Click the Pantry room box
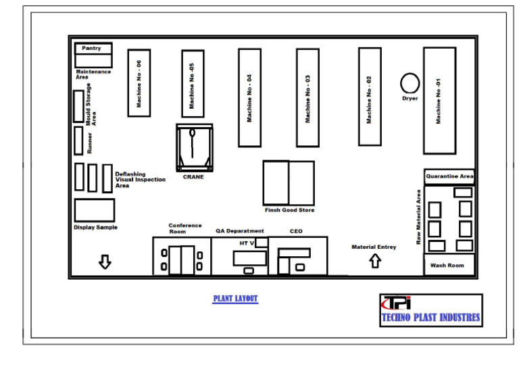click(x=93, y=49)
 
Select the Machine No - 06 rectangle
click(x=139, y=82)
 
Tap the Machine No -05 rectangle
click(x=193, y=83)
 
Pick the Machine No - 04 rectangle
click(x=249, y=97)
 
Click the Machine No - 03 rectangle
click(x=307, y=97)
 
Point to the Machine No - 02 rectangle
click(x=369, y=96)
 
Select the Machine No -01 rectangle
click(x=439, y=100)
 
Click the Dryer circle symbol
click(x=410, y=83)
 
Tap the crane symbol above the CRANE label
click(x=194, y=147)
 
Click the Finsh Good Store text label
click(x=289, y=210)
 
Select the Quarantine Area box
click(x=449, y=176)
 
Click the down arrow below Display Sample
click(x=105, y=262)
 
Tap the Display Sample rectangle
click(x=94, y=210)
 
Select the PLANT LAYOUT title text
click(x=235, y=299)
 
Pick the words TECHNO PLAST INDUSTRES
click(x=431, y=317)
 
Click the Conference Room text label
click(x=185, y=228)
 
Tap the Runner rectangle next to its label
click(x=78, y=141)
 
